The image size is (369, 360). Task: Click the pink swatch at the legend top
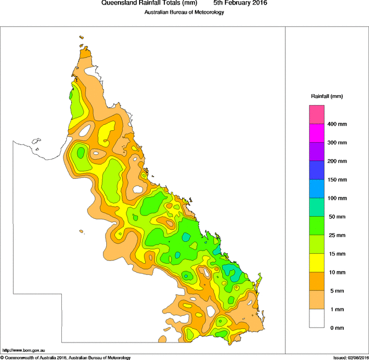317,114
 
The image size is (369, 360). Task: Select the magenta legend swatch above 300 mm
317,133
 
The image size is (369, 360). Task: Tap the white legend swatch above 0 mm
317,318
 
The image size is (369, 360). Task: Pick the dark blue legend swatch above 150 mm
317,170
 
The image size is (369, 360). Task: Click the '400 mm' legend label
337,124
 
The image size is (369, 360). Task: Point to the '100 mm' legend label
337,198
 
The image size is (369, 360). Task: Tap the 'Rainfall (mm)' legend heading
327,96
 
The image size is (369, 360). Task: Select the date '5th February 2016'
240,3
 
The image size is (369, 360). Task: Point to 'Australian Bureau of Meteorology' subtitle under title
184,12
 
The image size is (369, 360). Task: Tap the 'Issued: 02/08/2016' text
350,357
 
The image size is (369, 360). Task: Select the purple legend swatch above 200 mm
317,152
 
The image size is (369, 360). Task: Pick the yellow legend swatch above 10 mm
317,263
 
